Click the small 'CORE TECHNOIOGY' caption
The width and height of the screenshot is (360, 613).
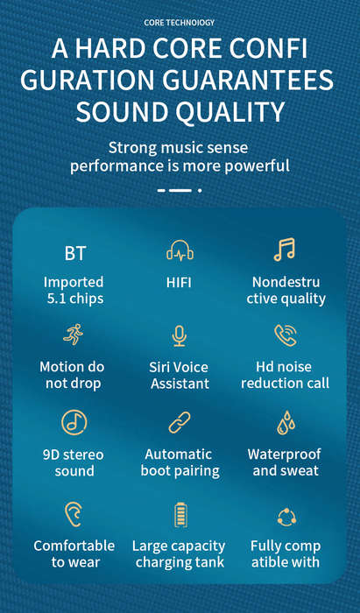[180, 23]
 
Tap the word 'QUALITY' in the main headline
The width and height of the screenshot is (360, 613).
[229, 111]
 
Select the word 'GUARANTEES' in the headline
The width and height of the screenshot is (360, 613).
[248, 80]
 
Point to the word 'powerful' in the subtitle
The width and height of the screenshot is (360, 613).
[257, 166]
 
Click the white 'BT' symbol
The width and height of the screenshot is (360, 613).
[74, 254]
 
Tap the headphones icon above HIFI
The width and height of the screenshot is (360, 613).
[180, 250]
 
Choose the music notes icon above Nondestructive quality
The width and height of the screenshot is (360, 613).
[284, 250]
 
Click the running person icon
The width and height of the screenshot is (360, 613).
[73, 334]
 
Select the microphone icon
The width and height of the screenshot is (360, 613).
[179, 335]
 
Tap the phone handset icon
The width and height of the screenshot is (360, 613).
[286, 335]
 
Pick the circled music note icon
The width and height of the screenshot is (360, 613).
[74, 422]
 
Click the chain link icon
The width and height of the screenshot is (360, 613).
[180, 422]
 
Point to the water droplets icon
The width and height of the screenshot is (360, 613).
[286, 423]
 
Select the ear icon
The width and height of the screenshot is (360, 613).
[74, 514]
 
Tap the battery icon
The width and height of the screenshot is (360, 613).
[180, 515]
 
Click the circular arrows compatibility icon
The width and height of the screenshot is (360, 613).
[286, 518]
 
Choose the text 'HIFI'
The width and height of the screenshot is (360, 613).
[179, 282]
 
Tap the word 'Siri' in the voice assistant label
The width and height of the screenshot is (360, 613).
[160, 367]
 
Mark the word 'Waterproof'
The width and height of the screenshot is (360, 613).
[284, 454]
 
